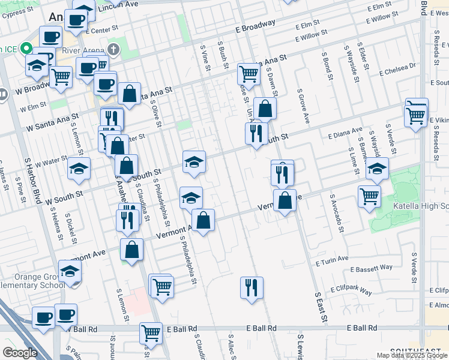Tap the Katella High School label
pos(420,207)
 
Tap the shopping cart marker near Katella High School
pos(369,196)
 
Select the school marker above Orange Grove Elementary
pos(70,271)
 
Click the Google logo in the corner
pos(20,353)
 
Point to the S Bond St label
pos(327,66)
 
